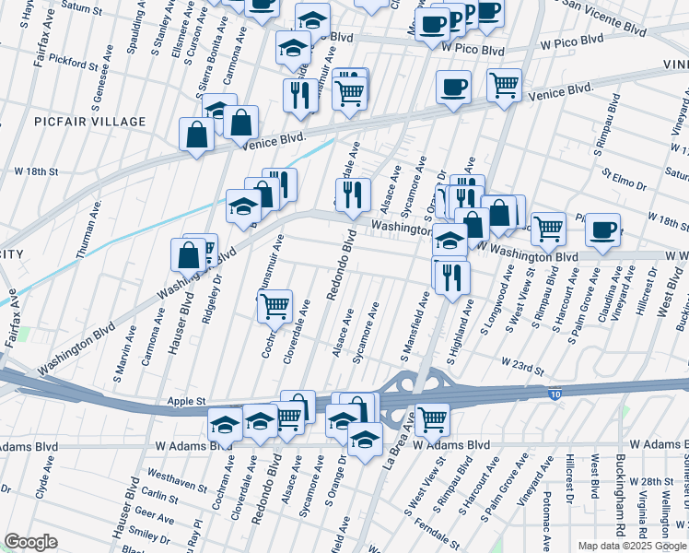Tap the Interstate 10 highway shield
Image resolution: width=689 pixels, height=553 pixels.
[x=553, y=394]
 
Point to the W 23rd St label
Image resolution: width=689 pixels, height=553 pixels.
[x=521, y=367]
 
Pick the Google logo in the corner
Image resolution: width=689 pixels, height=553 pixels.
[x=31, y=542]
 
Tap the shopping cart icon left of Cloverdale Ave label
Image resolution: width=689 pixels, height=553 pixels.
[x=274, y=306]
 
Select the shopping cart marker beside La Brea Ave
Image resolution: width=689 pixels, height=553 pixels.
[x=432, y=418]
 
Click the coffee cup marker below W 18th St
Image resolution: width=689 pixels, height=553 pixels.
[x=602, y=229]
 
